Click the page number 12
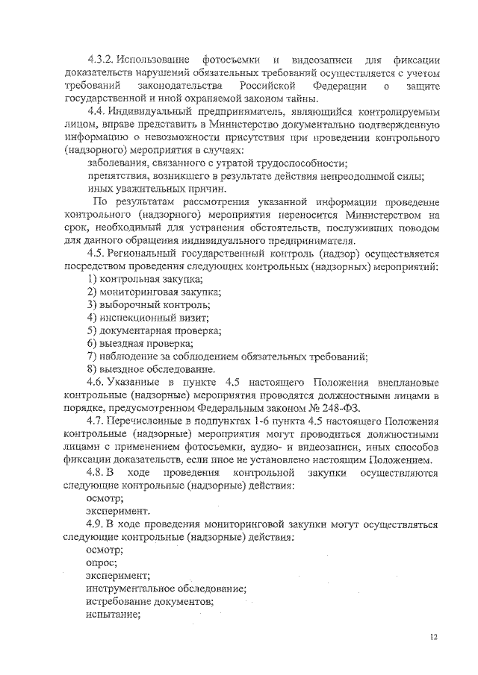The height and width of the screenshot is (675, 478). [x=435, y=638]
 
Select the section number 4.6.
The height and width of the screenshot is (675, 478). [x=97, y=381]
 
